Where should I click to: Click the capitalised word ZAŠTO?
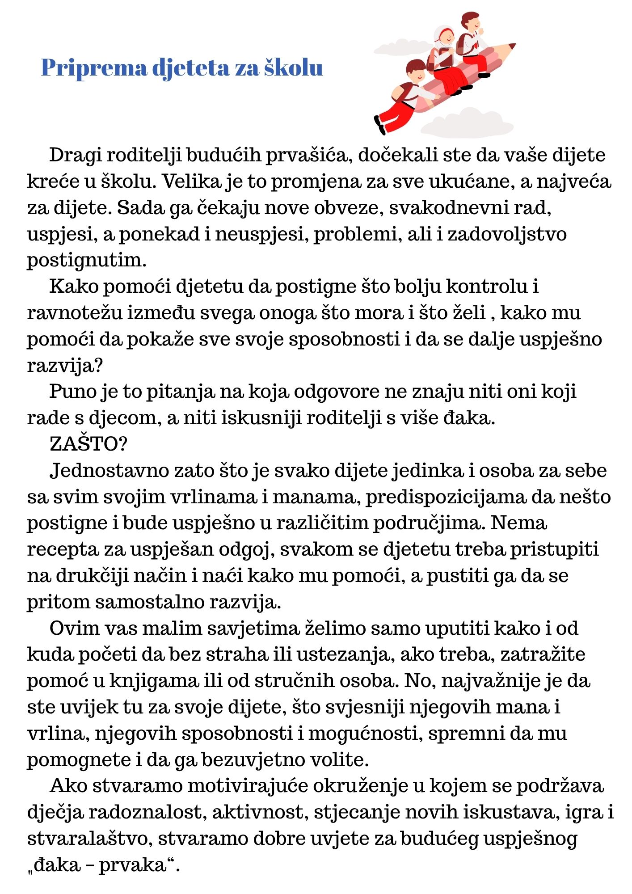(x=88, y=444)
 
